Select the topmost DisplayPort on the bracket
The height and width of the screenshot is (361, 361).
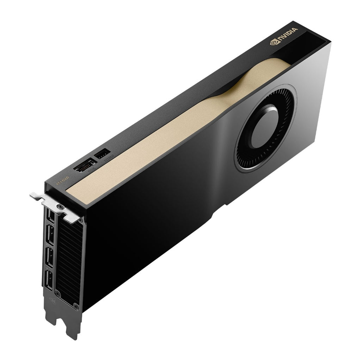51,216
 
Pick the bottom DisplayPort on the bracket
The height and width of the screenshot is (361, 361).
49,281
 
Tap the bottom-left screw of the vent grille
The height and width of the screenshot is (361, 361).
59,293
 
